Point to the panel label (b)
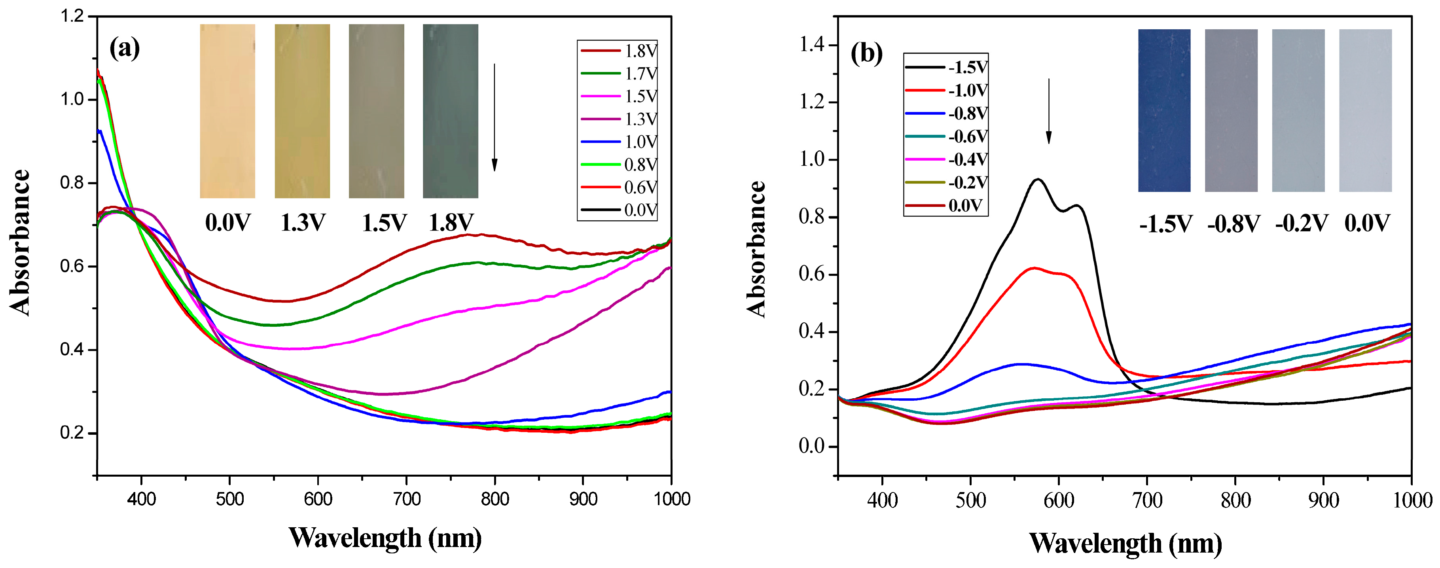[866, 54]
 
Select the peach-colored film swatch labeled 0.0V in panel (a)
[227, 111]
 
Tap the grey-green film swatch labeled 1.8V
[450, 111]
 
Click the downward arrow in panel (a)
[494, 117]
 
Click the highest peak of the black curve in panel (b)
[1038, 180]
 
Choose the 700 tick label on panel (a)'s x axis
[406, 499]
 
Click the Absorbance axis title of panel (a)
[20, 242]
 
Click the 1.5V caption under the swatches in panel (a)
[384, 223]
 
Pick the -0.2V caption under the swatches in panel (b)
[1301, 224]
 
